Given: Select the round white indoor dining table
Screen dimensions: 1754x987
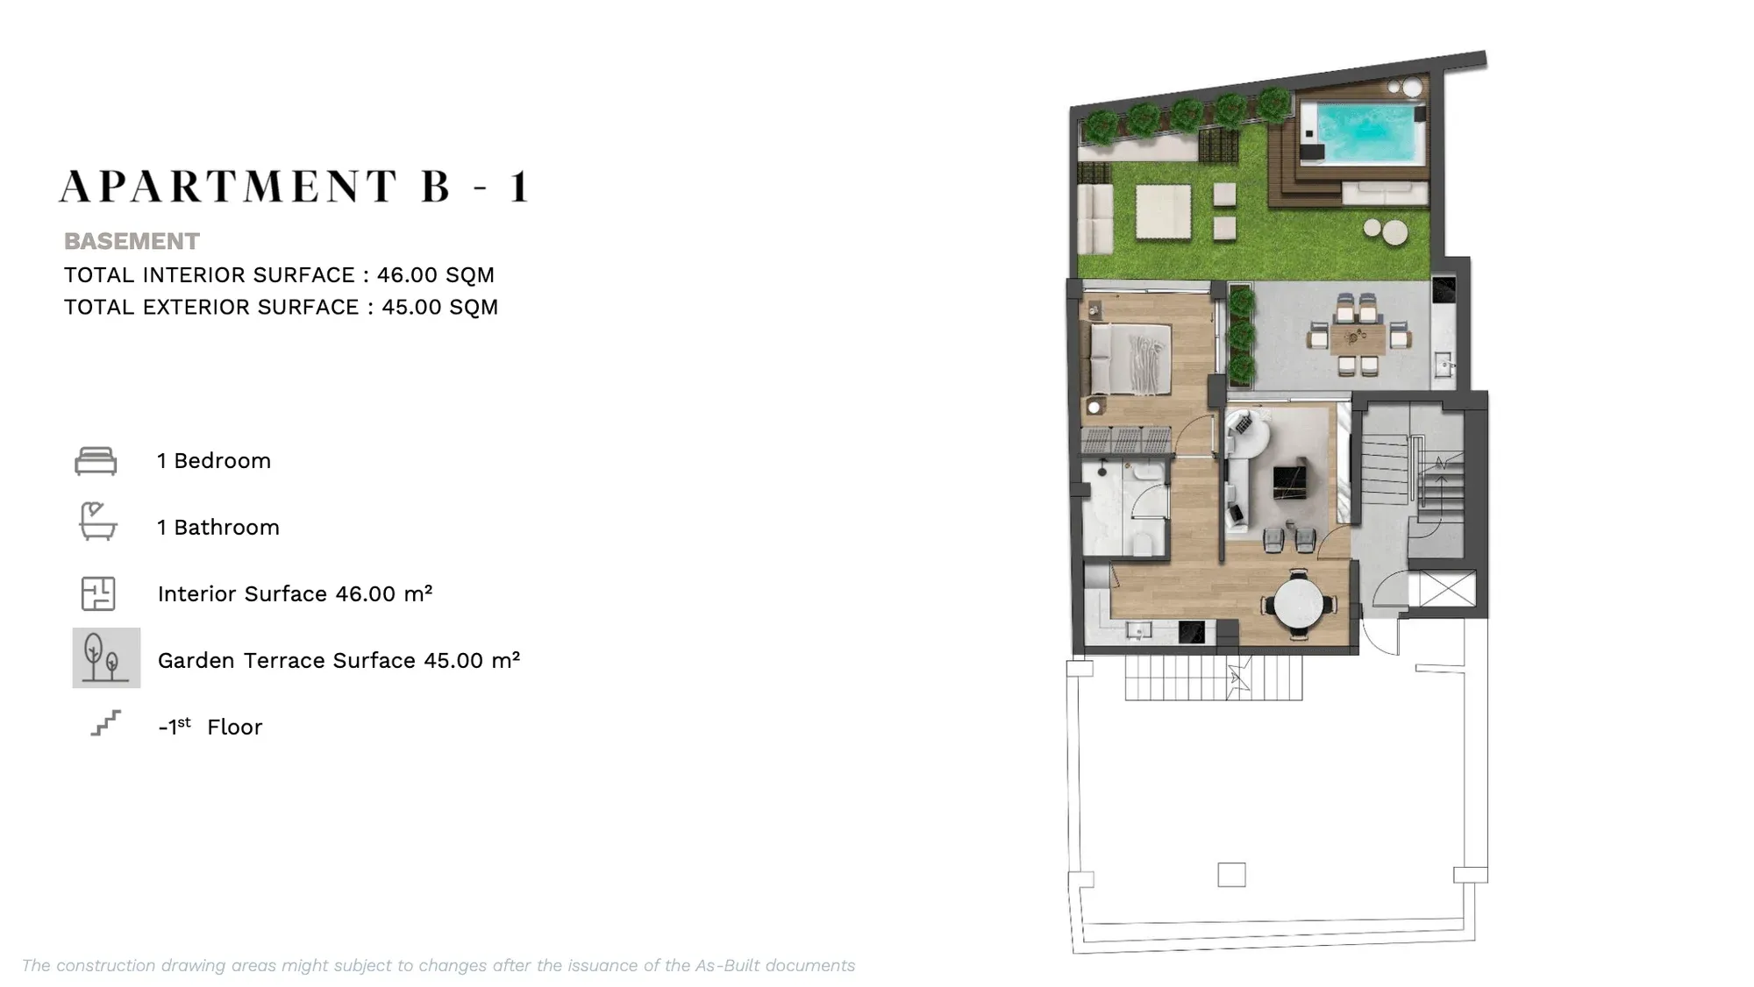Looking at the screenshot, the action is [1299, 603].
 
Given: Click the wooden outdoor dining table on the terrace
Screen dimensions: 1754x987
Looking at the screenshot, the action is [1357, 337].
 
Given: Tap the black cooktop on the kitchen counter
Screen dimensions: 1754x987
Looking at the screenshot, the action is [1192, 632].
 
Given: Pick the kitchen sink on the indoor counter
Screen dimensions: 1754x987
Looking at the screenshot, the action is [1138, 631].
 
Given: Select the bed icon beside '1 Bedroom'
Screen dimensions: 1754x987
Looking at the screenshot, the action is [96, 461].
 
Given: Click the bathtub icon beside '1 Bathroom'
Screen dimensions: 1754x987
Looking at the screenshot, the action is [97, 522].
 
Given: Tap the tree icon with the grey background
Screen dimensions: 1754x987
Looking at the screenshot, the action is [106, 657].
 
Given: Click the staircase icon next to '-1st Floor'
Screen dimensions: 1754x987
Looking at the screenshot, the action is [106, 723].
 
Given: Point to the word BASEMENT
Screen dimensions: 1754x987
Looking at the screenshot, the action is [132, 241].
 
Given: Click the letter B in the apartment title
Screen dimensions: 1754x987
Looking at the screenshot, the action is [436, 187].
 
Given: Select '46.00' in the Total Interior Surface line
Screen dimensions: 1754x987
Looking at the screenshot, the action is [407, 275].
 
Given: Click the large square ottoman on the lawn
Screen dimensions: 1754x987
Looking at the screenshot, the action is [1164, 211].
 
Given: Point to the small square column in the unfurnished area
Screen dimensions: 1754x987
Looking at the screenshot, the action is [1231, 875].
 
